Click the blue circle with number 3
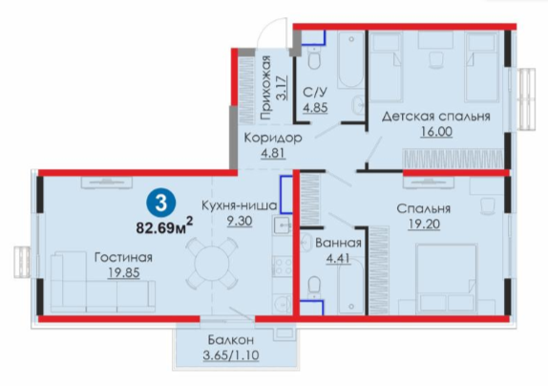(160, 203)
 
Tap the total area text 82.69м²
(164, 226)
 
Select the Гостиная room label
(124, 258)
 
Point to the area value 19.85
(124, 272)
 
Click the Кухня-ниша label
(240, 206)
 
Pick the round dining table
(211, 262)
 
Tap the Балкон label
(231, 339)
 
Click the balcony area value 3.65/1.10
(231, 355)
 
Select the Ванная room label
(338, 243)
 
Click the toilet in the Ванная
(314, 289)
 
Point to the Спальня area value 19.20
(424, 224)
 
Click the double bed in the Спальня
(446, 279)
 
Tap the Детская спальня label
(435, 117)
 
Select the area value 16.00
(436, 132)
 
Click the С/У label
(315, 93)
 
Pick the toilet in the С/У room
(314, 58)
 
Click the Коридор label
(273, 139)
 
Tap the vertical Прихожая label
(266, 88)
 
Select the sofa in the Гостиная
(103, 282)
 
